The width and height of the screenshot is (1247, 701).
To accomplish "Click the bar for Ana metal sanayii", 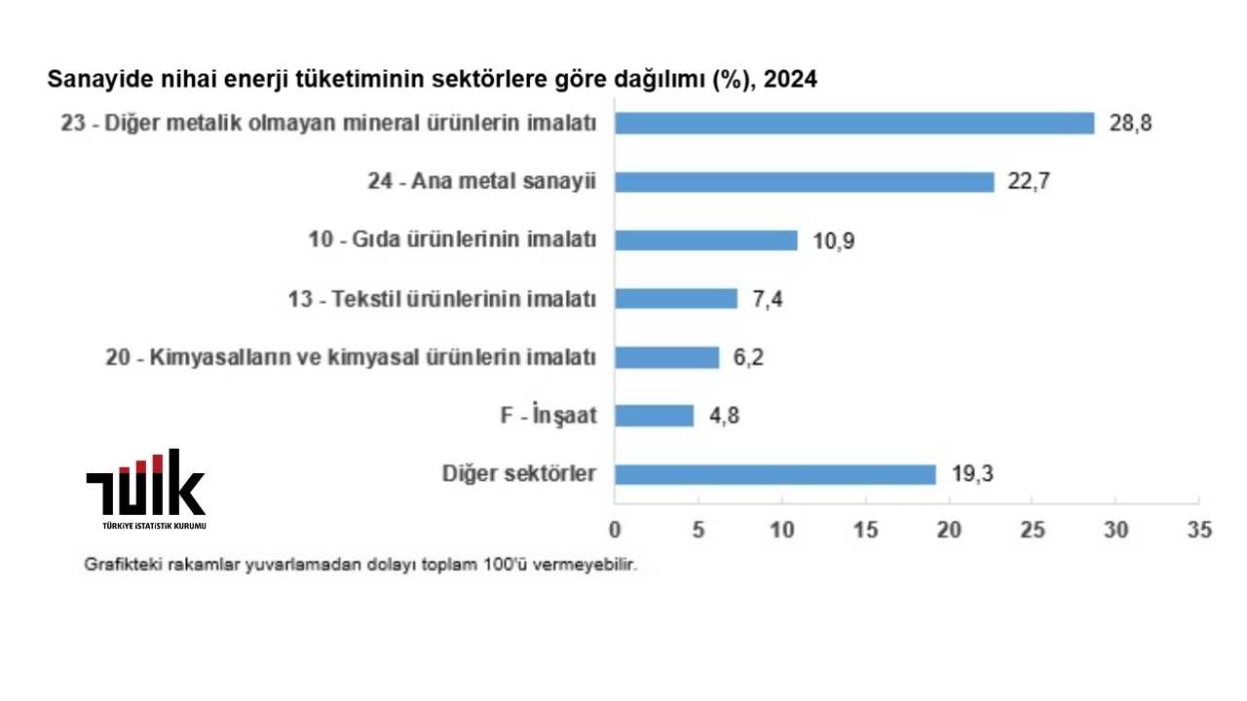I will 804,182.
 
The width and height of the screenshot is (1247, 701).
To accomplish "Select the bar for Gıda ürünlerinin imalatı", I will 705,240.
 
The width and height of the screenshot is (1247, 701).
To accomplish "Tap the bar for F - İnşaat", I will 654,416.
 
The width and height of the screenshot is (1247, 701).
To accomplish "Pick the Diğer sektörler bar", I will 775,474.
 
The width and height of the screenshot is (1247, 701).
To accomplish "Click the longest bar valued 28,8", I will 854,124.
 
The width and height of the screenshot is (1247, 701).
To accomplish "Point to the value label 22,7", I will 1028,182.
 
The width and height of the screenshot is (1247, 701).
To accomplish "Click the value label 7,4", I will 767,299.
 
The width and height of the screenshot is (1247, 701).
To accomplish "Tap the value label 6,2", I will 748,357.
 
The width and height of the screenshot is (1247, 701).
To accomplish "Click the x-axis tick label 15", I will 865,530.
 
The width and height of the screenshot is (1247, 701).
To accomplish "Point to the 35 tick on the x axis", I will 1199,530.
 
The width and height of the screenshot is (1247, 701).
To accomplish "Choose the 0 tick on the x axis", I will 615,530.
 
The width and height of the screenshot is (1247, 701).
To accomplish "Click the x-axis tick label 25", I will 1033,530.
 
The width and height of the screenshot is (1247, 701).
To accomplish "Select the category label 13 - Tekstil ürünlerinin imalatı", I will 457,299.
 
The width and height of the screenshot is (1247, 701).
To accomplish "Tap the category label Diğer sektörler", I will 518,474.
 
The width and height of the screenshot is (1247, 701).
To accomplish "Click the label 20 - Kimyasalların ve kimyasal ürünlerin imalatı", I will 351,357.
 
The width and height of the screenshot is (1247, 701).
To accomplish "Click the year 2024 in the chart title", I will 790,80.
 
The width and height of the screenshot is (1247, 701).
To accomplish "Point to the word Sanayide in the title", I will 91,80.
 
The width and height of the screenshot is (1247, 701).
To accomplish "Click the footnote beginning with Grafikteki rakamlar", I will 360,565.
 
